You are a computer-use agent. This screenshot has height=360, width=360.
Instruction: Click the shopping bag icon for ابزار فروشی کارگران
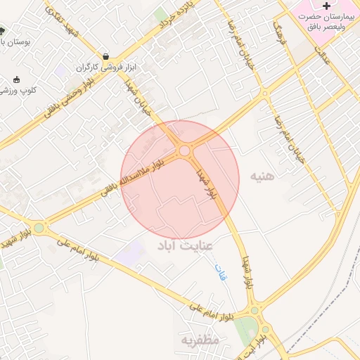click(x=105, y=57)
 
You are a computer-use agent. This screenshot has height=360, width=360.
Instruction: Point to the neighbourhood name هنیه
click(x=264, y=176)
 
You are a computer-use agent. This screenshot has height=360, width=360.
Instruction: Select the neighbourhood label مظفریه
click(x=201, y=340)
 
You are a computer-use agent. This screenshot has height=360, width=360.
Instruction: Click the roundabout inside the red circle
click(x=185, y=150)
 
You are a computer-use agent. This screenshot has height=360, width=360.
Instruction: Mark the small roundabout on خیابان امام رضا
click(x=264, y=93)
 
